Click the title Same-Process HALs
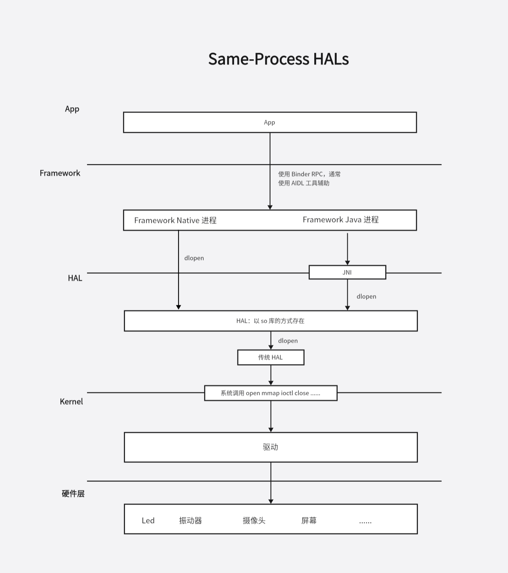click(278, 59)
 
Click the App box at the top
click(270, 122)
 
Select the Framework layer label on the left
click(60, 173)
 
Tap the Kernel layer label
click(71, 402)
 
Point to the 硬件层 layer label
click(73, 494)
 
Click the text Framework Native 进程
click(175, 220)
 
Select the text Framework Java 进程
click(340, 219)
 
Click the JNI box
click(347, 272)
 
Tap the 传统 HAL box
click(271, 357)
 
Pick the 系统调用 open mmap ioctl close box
click(271, 393)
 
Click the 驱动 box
click(271, 447)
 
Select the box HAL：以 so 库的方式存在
click(271, 321)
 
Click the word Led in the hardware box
click(148, 521)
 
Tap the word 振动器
click(190, 521)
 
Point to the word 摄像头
click(254, 521)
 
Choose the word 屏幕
click(309, 521)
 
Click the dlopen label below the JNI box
click(366, 297)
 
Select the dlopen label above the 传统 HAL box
click(288, 341)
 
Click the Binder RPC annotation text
click(309, 178)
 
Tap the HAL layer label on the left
click(75, 278)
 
